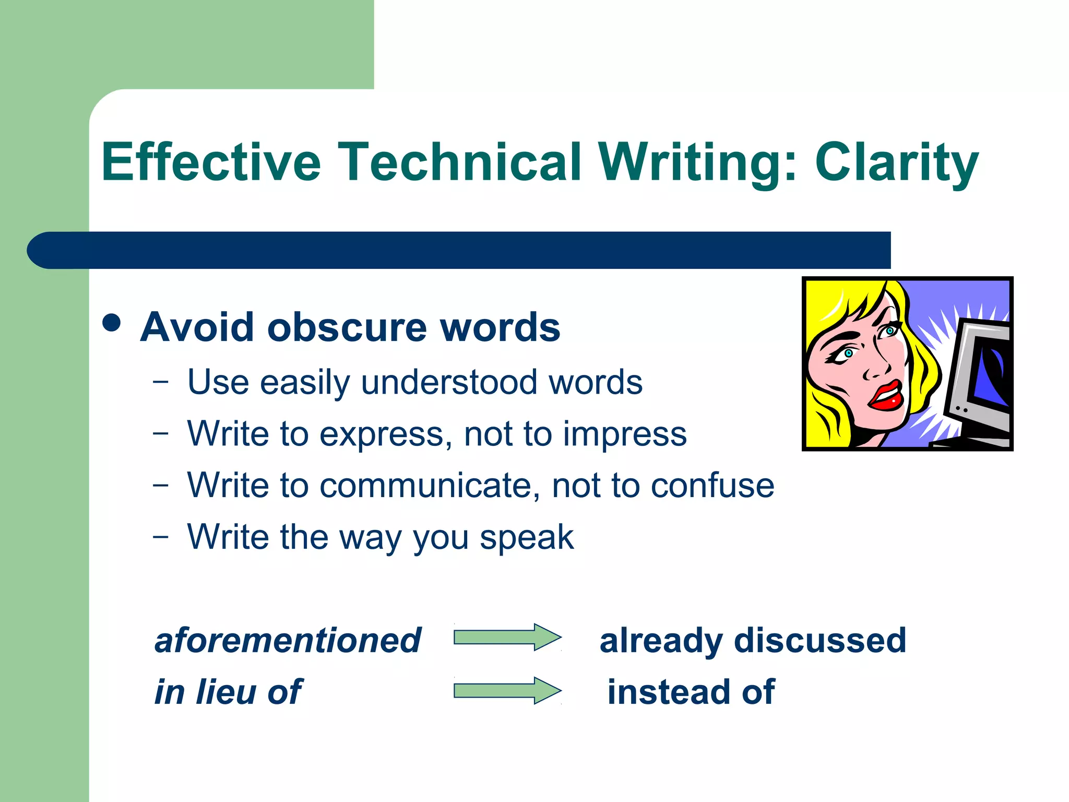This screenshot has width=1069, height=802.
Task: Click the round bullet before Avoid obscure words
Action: tap(112, 322)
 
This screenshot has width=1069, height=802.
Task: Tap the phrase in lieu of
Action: tap(228, 692)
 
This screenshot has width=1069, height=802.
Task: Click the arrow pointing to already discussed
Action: tap(507, 637)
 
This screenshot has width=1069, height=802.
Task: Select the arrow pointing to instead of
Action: tap(507, 691)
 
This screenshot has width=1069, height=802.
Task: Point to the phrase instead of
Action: tap(691, 692)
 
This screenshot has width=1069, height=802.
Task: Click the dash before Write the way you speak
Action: tap(161, 536)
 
